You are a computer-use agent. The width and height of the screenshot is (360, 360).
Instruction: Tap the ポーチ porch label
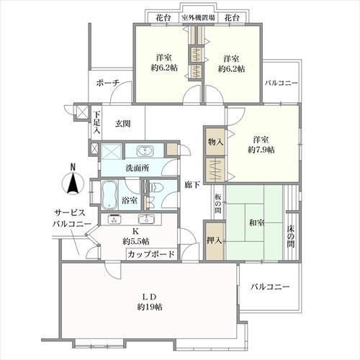tap(108, 83)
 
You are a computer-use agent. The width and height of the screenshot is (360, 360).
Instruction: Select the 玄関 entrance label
tap(123, 123)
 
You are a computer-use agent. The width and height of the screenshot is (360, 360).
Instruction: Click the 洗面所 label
tap(137, 168)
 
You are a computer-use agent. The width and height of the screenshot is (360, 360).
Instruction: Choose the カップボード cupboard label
tap(150, 254)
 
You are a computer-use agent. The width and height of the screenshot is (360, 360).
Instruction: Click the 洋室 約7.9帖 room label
tap(262, 144)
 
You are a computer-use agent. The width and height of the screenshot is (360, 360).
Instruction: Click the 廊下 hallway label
tap(191, 184)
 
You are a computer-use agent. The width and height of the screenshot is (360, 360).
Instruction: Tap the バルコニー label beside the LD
tap(270, 287)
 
